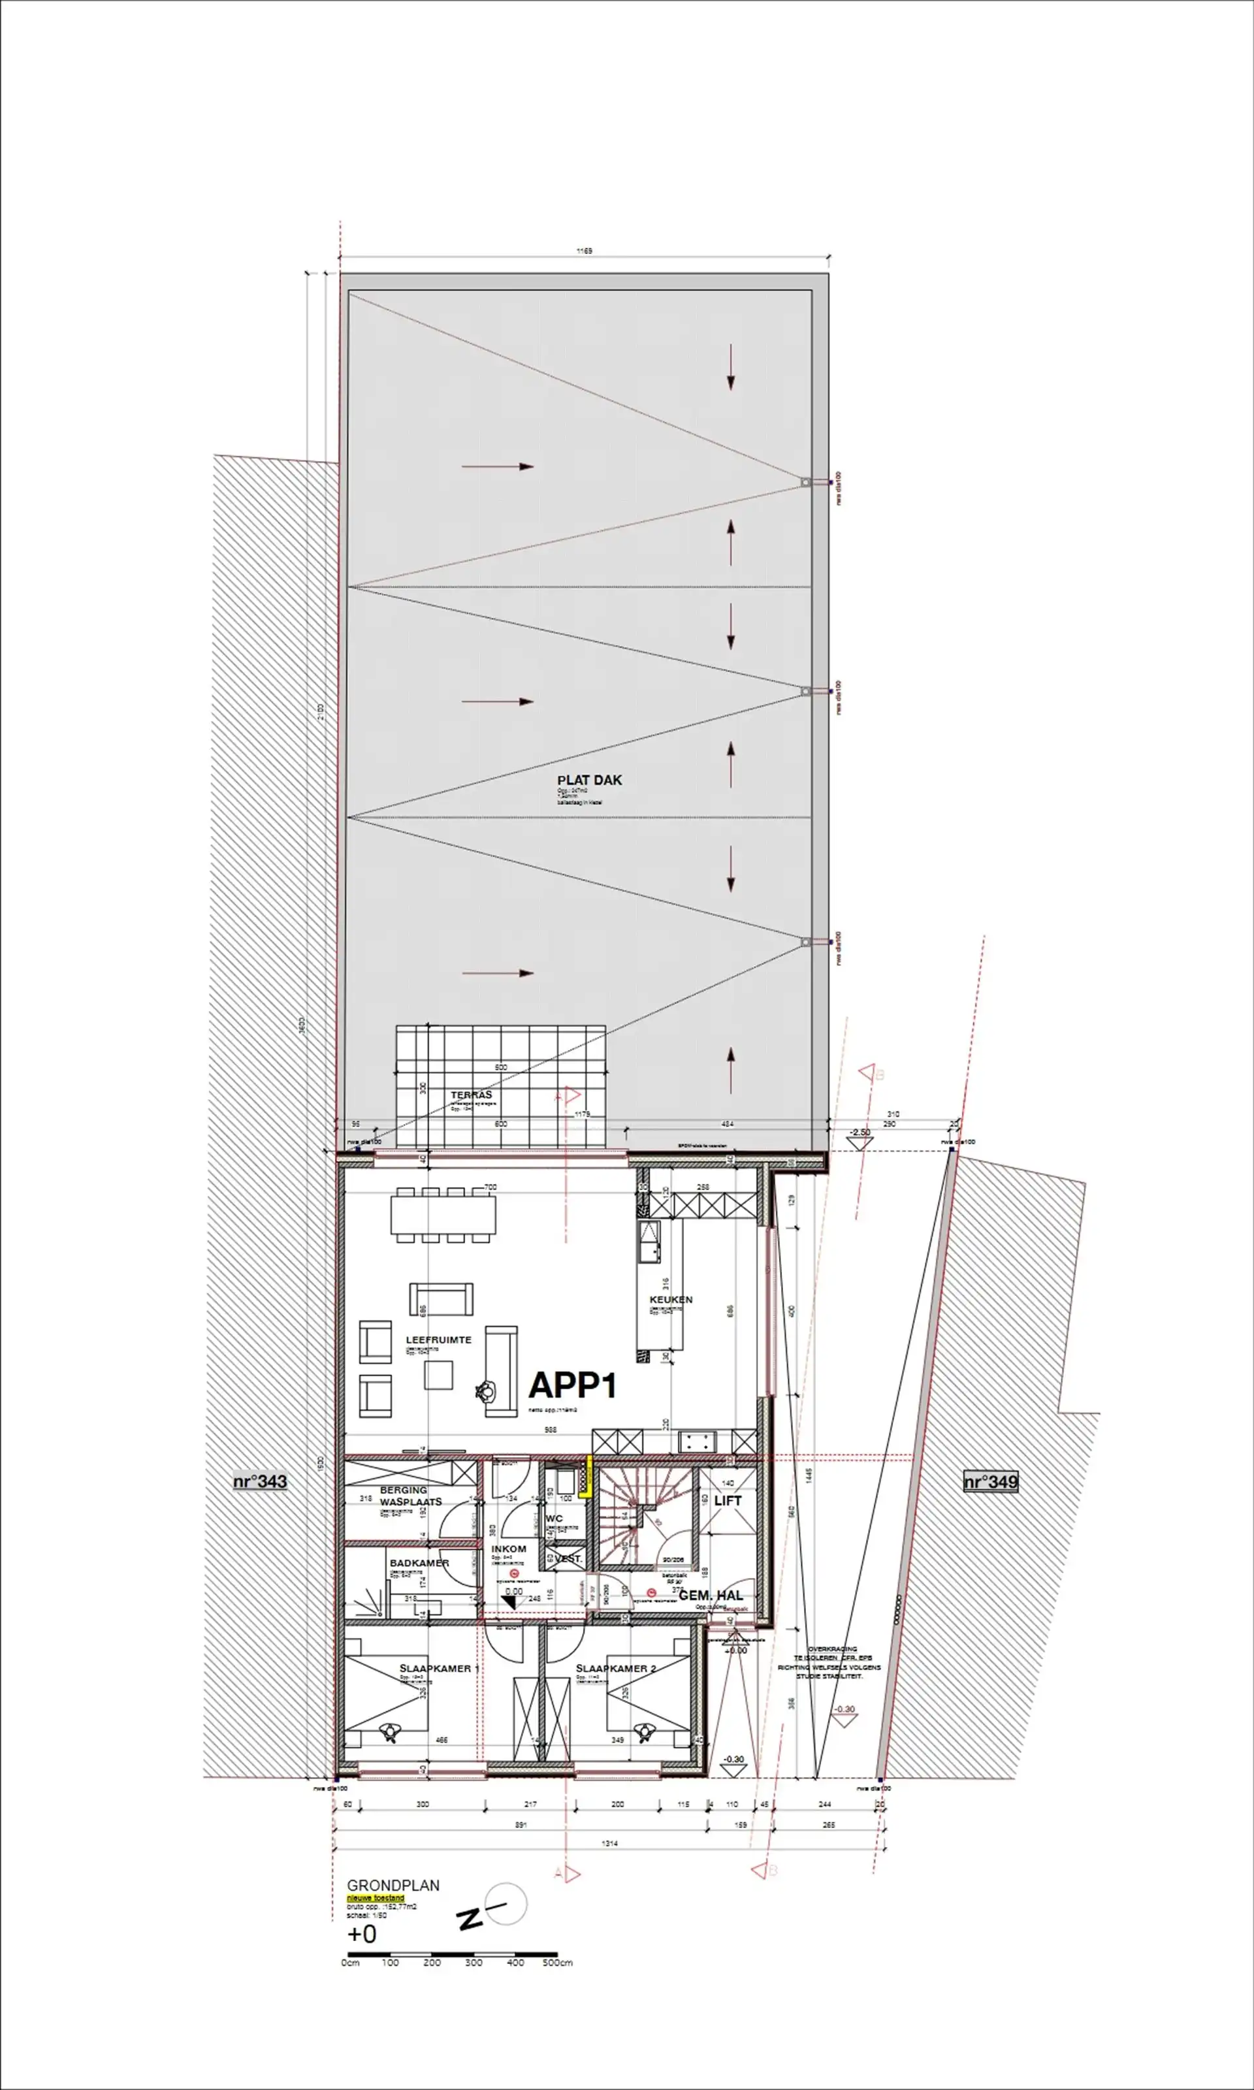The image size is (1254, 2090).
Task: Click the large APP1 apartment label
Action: tap(572, 1385)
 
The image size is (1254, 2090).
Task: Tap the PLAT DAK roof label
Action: tap(589, 780)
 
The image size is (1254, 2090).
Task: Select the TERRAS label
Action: tap(471, 1095)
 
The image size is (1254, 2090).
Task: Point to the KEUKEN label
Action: tap(671, 1299)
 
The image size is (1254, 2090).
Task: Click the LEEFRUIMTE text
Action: tap(438, 1340)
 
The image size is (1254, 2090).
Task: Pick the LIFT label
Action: tap(727, 1501)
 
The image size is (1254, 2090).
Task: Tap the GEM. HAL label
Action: tap(711, 1595)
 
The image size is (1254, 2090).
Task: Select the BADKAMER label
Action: tap(419, 1563)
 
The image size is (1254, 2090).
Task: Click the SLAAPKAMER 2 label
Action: tap(615, 1669)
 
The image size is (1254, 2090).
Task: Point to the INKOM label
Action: tap(509, 1549)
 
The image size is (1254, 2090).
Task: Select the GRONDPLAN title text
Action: tap(393, 1886)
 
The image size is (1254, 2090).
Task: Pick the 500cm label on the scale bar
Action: tap(557, 1963)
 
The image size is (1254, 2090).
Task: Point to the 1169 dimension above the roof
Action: tap(584, 251)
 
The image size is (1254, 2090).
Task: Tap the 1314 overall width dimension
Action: tap(609, 1843)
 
